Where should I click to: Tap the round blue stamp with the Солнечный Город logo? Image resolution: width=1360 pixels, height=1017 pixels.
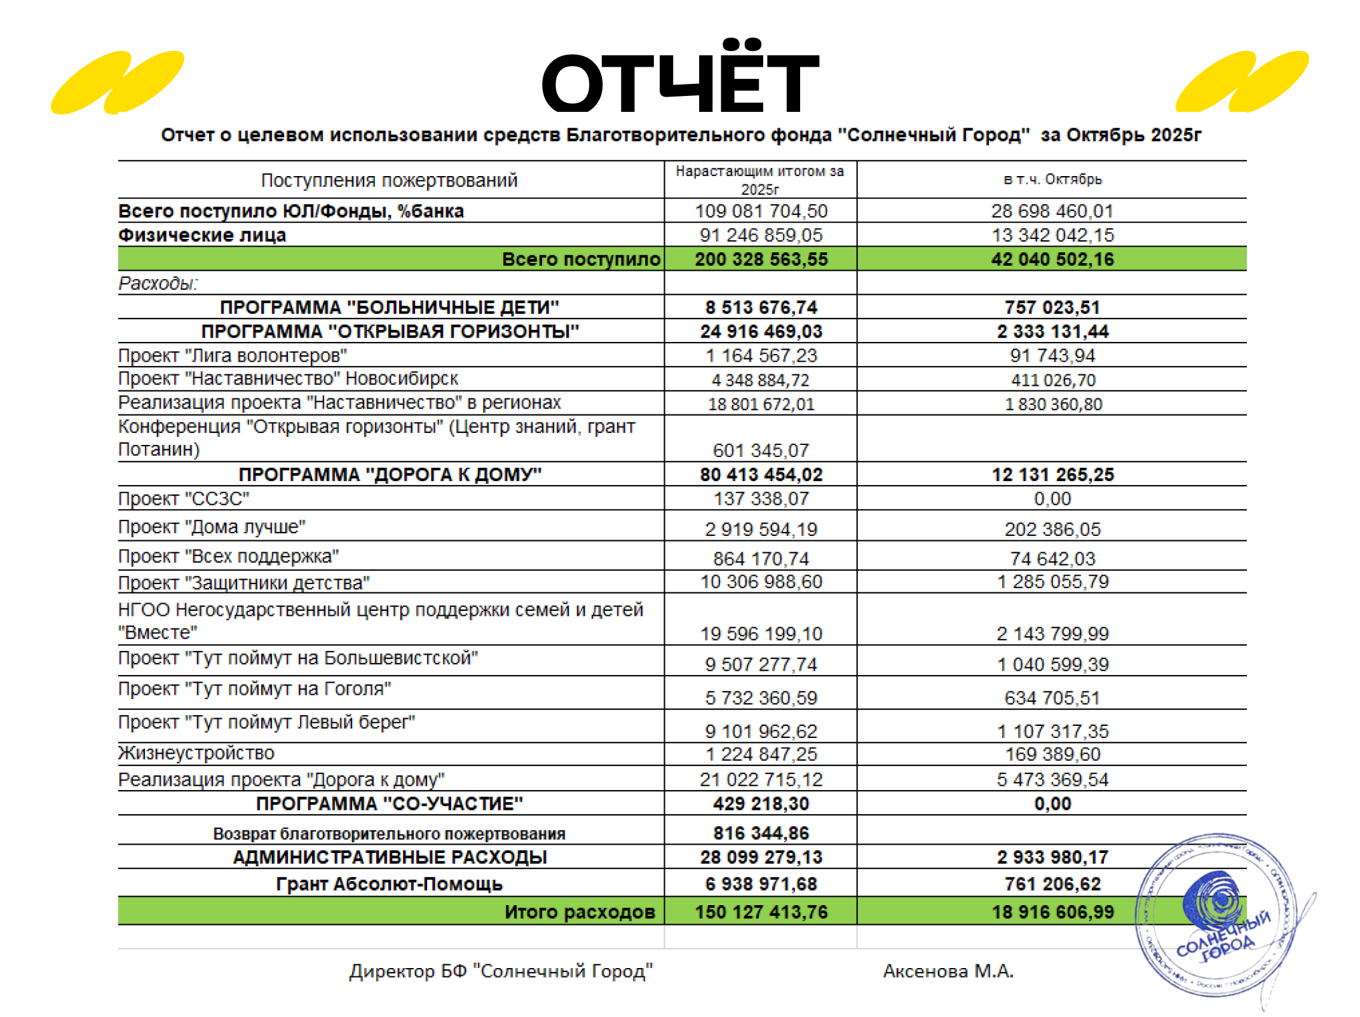point(1215,915)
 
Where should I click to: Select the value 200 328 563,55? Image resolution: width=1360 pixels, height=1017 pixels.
point(761,259)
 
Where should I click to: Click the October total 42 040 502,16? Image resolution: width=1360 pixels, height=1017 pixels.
point(1052,259)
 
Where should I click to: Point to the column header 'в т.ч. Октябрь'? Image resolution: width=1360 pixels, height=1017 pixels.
point(1052,180)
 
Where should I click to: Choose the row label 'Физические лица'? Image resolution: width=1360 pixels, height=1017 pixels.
point(202,235)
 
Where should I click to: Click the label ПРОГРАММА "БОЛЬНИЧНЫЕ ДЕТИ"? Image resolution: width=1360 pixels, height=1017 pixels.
point(390,308)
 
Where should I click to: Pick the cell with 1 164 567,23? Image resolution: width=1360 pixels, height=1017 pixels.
point(761,356)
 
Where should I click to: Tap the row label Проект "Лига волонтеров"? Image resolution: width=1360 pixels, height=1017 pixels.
point(233,356)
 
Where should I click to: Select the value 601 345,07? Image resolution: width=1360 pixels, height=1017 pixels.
point(761,451)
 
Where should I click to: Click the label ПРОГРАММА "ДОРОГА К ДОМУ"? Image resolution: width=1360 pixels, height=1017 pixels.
point(390,475)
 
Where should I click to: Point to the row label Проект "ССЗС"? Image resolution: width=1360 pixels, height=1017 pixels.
point(184,499)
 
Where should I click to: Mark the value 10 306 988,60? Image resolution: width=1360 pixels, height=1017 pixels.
point(761,582)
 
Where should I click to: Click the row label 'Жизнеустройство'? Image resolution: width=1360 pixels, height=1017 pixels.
point(196,753)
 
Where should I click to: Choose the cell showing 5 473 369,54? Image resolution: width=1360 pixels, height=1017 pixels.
point(1052,780)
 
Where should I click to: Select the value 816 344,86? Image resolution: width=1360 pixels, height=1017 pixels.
point(761,833)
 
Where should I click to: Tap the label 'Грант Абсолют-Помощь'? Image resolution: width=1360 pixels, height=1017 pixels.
point(390,884)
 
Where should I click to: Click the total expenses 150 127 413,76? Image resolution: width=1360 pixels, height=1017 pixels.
point(761,912)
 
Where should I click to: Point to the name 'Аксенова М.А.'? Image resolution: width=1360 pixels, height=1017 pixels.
point(948,971)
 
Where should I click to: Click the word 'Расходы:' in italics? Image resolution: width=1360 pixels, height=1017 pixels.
point(158,283)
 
